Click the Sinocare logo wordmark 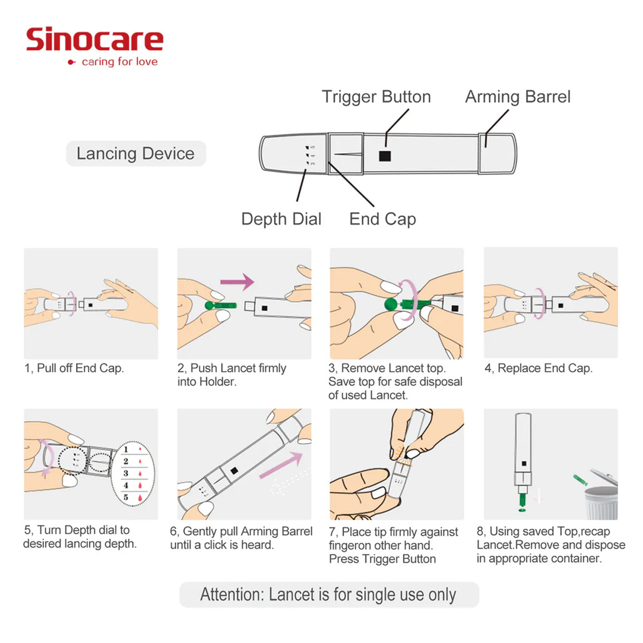[x=94, y=40]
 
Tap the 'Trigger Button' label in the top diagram [x=376, y=97]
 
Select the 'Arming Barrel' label [x=518, y=97]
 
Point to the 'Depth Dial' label [x=281, y=219]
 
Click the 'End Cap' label [x=383, y=219]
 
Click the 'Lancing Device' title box [x=136, y=154]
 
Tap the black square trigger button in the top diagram [x=385, y=156]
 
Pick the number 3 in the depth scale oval [x=126, y=473]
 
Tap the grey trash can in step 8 [x=601, y=501]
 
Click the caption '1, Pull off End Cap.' [x=74, y=368]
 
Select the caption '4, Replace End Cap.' [x=539, y=368]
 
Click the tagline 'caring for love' [x=119, y=62]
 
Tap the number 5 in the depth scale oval [x=126, y=497]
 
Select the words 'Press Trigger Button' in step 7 [x=382, y=559]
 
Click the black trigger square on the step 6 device [x=234, y=470]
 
